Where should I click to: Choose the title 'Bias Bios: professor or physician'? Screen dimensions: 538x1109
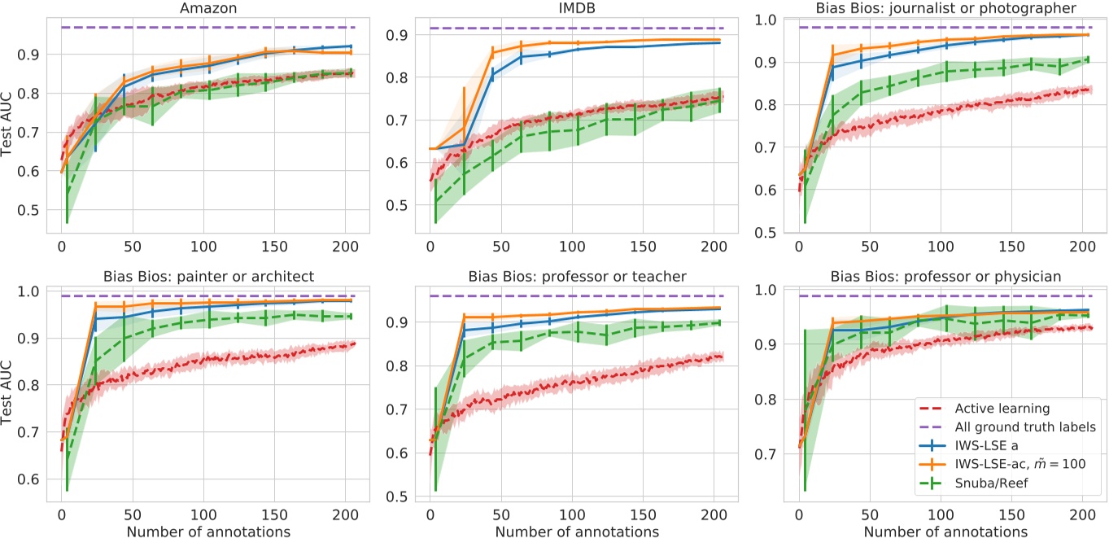946,277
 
